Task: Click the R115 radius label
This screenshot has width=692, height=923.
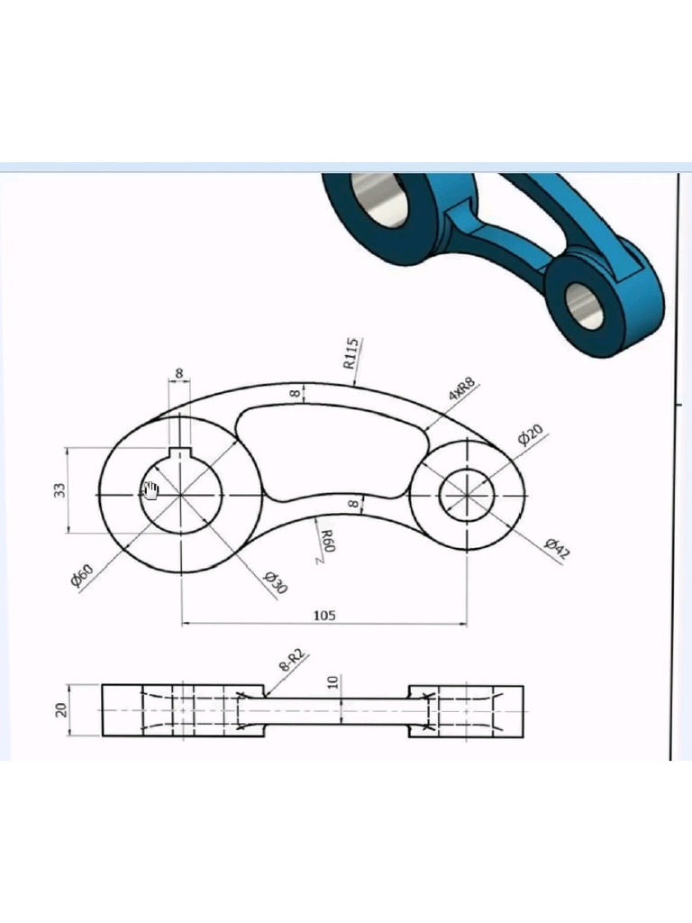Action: pos(352,353)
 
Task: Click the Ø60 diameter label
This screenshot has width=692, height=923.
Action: pos(81,574)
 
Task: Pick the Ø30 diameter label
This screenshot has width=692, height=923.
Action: pos(275,582)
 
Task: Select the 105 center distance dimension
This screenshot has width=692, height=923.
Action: pos(324,615)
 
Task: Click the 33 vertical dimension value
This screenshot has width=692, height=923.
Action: pos(59,490)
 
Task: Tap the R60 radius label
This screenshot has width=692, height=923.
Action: pos(327,543)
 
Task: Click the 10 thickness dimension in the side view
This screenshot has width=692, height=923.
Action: pos(334,681)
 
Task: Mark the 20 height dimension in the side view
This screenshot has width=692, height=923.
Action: pos(62,710)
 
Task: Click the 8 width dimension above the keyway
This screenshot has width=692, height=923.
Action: pos(178,373)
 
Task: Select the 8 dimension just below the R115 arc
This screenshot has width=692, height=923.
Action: pos(294,393)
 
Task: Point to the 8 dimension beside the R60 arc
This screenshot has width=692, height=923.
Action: pos(353,505)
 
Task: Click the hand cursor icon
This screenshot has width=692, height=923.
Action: pos(150,490)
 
